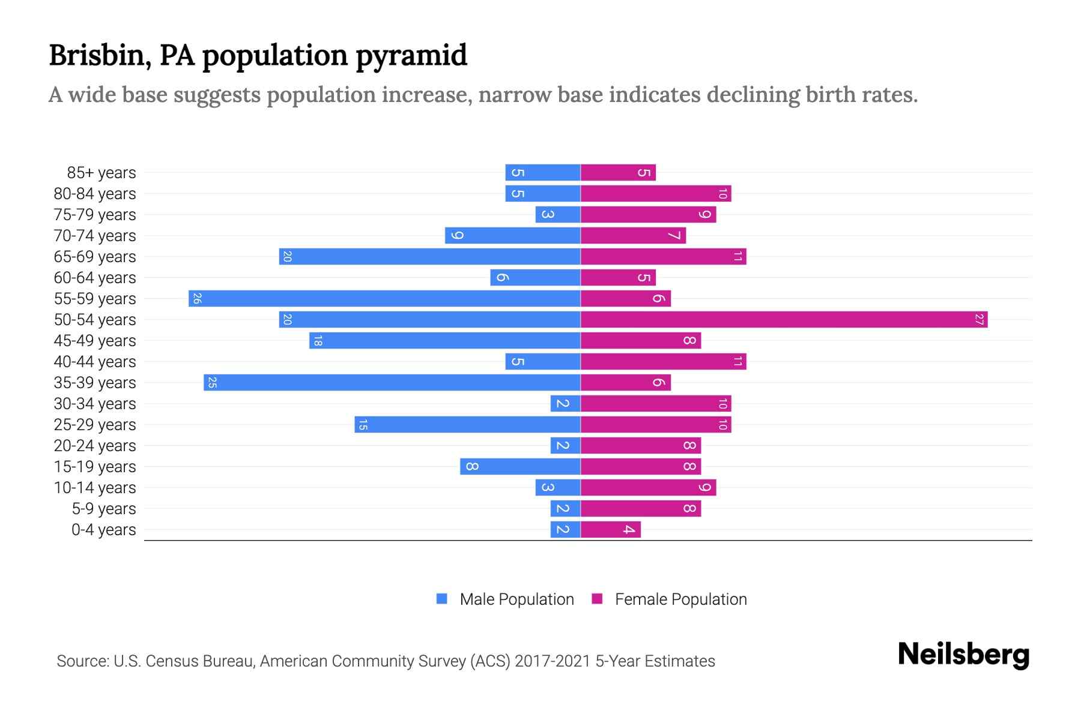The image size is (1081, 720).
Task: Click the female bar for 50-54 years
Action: click(x=784, y=320)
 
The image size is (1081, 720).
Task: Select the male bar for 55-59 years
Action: click(x=384, y=299)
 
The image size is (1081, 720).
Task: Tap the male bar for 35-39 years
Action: click(x=392, y=383)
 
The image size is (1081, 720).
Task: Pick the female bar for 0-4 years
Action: click(x=610, y=530)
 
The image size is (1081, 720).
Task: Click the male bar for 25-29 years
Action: click(x=467, y=425)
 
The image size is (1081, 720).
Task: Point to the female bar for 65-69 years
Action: click(x=663, y=257)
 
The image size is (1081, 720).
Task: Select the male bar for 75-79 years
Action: click(x=558, y=215)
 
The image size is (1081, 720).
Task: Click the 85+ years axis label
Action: click(x=101, y=173)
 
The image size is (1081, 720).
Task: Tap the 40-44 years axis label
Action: click(x=95, y=362)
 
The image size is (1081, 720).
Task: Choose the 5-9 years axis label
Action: click(x=104, y=509)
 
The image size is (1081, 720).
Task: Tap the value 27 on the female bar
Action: click(x=979, y=320)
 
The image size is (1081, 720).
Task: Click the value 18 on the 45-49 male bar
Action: click(x=318, y=341)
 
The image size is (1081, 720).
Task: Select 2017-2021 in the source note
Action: click(x=553, y=661)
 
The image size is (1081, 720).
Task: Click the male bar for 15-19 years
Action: click(x=520, y=467)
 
